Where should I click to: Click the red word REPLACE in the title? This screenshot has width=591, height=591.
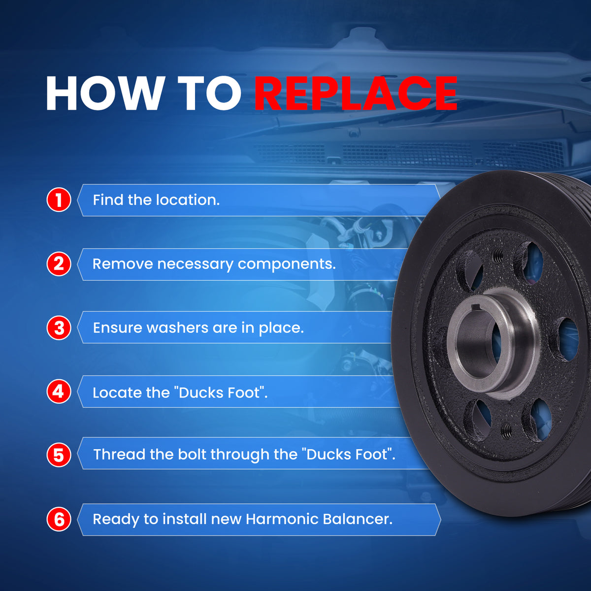[x=356, y=93]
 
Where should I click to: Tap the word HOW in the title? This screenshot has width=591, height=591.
[x=104, y=93]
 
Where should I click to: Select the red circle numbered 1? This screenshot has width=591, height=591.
[x=59, y=199]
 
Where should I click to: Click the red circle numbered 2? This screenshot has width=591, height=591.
[x=59, y=264]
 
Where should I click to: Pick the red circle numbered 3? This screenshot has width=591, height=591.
[x=59, y=328]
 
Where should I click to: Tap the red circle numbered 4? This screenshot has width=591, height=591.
[x=59, y=392]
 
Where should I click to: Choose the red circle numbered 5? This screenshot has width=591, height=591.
[x=59, y=455]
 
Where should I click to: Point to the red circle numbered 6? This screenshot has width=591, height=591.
[x=59, y=519]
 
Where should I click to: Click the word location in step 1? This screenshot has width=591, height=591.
[x=188, y=199]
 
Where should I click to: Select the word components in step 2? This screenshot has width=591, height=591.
[x=287, y=264]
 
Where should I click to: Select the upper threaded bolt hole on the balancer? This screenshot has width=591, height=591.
[x=497, y=255]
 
